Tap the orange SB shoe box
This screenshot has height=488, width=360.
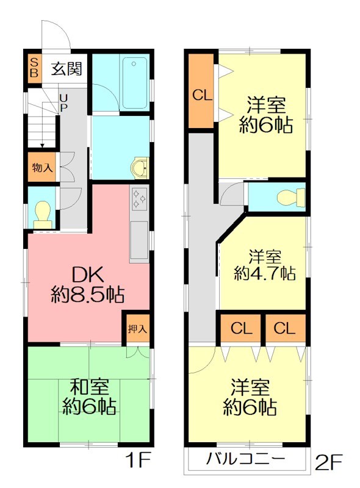tap(34, 68)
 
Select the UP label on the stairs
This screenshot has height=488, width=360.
tap(63, 102)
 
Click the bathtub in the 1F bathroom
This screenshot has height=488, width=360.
tap(134, 82)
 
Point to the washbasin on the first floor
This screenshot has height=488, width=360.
tap(140, 166)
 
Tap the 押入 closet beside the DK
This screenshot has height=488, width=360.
tap(137, 328)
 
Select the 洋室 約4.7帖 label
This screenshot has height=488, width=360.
tap(265, 264)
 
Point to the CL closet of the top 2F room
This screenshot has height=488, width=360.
tap(201, 95)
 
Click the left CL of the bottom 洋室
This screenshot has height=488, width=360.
tap(242, 329)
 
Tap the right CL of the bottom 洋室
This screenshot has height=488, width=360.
tap(284, 329)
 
